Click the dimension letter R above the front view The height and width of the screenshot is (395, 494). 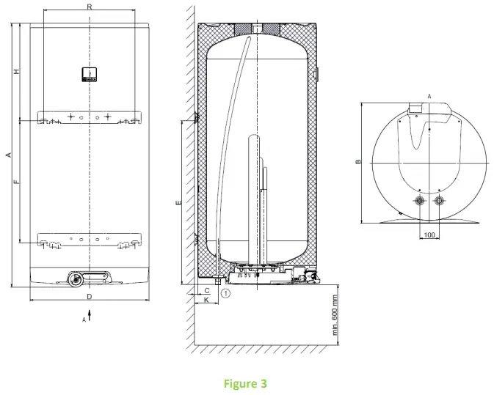click(89, 6)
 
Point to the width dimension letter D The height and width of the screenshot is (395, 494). click(89, 296)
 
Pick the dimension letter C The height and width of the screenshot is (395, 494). click(207, 291)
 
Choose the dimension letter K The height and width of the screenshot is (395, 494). click(207, 300)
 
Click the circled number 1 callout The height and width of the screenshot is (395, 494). click(226, 293)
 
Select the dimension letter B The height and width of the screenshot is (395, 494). click(357, 163)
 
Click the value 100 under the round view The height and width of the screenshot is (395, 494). click(429, 235)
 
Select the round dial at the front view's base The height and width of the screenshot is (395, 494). click(73, 278)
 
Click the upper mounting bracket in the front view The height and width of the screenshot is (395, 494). click(88, 118)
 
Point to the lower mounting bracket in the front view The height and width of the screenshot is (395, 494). click(88, 240)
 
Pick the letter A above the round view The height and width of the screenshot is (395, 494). click(428, 96)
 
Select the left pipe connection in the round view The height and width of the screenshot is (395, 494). click(420, 201)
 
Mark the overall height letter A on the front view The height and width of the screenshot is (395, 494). click(7, 155)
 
